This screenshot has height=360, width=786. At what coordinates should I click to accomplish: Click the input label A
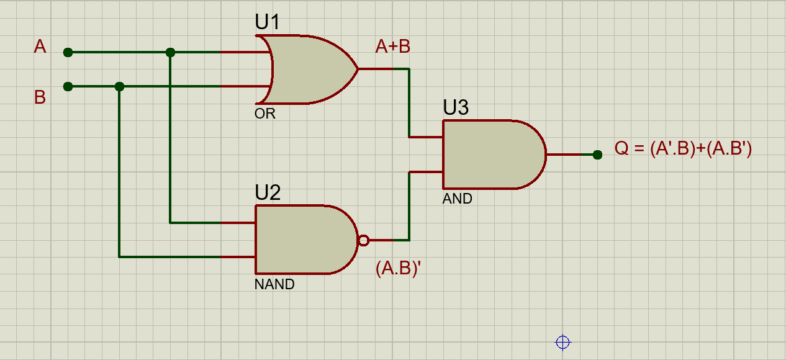pyautogui.click(x=40, y=47)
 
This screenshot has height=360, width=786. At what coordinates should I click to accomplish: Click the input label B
pyautogui.click(x=40, y=97)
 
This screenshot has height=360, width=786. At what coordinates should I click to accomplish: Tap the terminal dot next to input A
pyautogui.click(x=68, y=53)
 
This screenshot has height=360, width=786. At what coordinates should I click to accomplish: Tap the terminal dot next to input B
pyautogui.click(x=68, y=86)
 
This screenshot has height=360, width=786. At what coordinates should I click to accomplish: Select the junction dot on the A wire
pyautogui.click(x=170, y=53)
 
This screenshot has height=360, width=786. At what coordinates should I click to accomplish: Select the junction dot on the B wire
pyautogui.click(x=119, y=86)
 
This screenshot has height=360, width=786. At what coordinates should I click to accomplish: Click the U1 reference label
pyautogui.click(x=268, y=22)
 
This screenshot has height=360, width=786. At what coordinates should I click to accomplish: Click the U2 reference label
pyautogui.click(x=268, y=192)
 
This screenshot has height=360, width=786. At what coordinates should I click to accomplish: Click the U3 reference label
pyautogui.click(x=456, y=107)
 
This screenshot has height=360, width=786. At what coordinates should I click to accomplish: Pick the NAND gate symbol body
pyautogui.click(x=306, y=240)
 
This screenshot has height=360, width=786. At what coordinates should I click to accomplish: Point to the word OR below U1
pyautogui.click(x=265, y=114)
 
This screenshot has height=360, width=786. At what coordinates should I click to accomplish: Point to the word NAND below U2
pyautogui.click(x=274, y=284)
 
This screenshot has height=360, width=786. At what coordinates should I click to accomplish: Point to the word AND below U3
pyautogui.click(x=457, y=199)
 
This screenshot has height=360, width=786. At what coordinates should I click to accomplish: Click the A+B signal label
pyautogui.click(x=392, y=47)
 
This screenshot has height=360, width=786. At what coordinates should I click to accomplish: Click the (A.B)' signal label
pyautogui.click(x=398, y=268)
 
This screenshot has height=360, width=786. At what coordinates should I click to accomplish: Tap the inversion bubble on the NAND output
pyautogui.click(x=364, y=241)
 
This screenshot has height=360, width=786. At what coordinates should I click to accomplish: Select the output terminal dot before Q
pyautogui.click(x=597, y=155)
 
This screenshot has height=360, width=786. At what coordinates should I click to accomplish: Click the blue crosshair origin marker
pyautogui.click(x=563, y=342)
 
